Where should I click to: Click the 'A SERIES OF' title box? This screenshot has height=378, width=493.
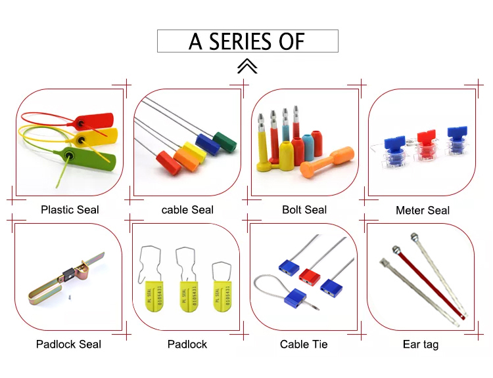247,41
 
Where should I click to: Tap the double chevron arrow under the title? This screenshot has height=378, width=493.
247,66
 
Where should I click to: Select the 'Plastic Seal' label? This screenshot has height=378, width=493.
70,210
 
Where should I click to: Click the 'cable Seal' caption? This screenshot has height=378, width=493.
187,210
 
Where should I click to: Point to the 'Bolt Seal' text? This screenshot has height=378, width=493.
304,210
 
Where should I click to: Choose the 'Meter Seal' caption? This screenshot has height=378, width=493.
423,211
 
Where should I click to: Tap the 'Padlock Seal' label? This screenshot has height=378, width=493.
68,344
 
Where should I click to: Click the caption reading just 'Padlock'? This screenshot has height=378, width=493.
187,344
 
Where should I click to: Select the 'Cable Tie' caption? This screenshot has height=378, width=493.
304,344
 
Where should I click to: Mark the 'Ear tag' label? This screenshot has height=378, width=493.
421,344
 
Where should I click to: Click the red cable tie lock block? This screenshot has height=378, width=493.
309,274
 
